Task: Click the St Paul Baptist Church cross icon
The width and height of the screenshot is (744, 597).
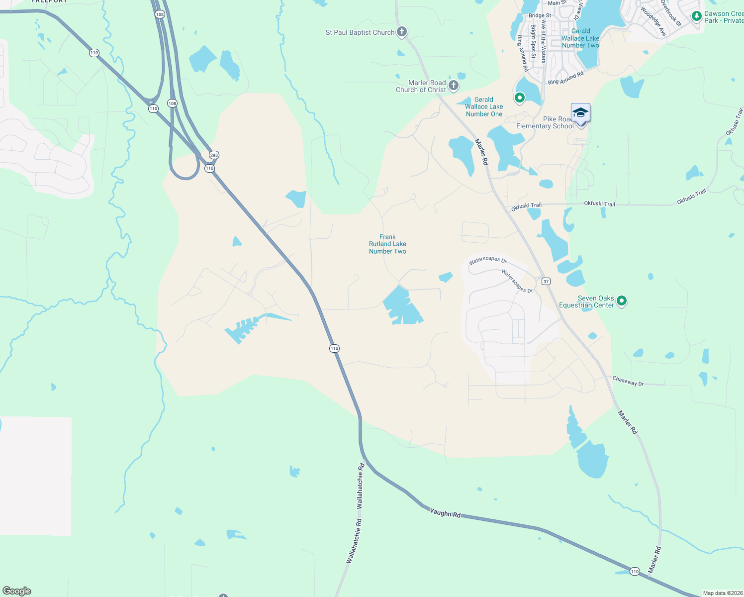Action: [402, 32]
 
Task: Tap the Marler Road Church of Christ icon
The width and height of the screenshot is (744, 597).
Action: [454, 86]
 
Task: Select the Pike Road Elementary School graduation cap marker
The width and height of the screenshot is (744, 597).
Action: [580, 113]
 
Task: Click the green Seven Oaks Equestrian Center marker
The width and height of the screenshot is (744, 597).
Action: [622, 300]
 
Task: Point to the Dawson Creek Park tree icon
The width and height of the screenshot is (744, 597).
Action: [697, 16]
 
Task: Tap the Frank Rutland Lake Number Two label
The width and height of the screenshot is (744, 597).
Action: [387, 244]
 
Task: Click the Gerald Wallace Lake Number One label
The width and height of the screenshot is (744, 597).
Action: [484, 107]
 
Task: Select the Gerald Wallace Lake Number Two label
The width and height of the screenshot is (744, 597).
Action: [580, 38]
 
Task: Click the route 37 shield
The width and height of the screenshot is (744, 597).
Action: [546, 281]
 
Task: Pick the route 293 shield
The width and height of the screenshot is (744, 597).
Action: [214, 155]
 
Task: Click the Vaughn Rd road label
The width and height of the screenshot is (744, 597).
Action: [445, 513]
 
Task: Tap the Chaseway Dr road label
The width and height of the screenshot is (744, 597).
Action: [628, 381]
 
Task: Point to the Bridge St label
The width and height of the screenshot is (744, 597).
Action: [540, 15]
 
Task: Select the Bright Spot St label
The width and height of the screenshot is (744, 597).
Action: [533, 42]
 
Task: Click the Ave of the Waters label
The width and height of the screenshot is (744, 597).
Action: [544, 42]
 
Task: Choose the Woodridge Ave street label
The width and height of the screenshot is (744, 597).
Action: [653, 21]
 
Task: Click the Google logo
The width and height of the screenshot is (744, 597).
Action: [17, 591]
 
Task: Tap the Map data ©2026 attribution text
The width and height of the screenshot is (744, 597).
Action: [723, 593]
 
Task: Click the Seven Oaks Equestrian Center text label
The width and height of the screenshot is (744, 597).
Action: [586, 302]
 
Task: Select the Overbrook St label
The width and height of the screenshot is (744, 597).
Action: [671, 12]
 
